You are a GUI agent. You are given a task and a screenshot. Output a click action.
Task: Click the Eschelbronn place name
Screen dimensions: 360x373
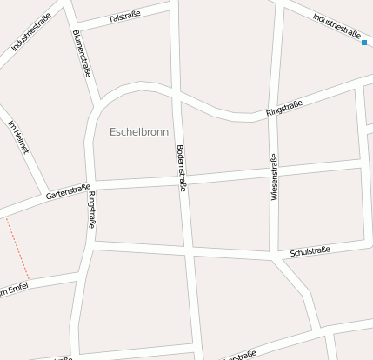click(x=140, y=132)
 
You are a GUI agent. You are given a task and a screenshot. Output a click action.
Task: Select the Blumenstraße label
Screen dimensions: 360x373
click(x=82, y=54)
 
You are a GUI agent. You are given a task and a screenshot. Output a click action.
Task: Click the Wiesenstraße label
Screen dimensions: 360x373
click(x=275, y=177)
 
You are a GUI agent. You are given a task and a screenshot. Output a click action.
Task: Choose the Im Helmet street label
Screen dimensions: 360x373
click(x=18, y=137)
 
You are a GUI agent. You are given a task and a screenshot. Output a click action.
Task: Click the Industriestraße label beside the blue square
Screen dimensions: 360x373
click(x=336, y=25)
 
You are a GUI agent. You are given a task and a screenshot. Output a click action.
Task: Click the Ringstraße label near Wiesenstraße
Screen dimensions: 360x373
click(x=283, y=109)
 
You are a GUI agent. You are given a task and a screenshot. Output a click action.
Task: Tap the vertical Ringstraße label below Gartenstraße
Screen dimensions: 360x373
click(x=91, y=210)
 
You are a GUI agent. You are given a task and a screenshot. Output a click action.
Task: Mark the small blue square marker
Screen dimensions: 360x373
click(x=365, y=42)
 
